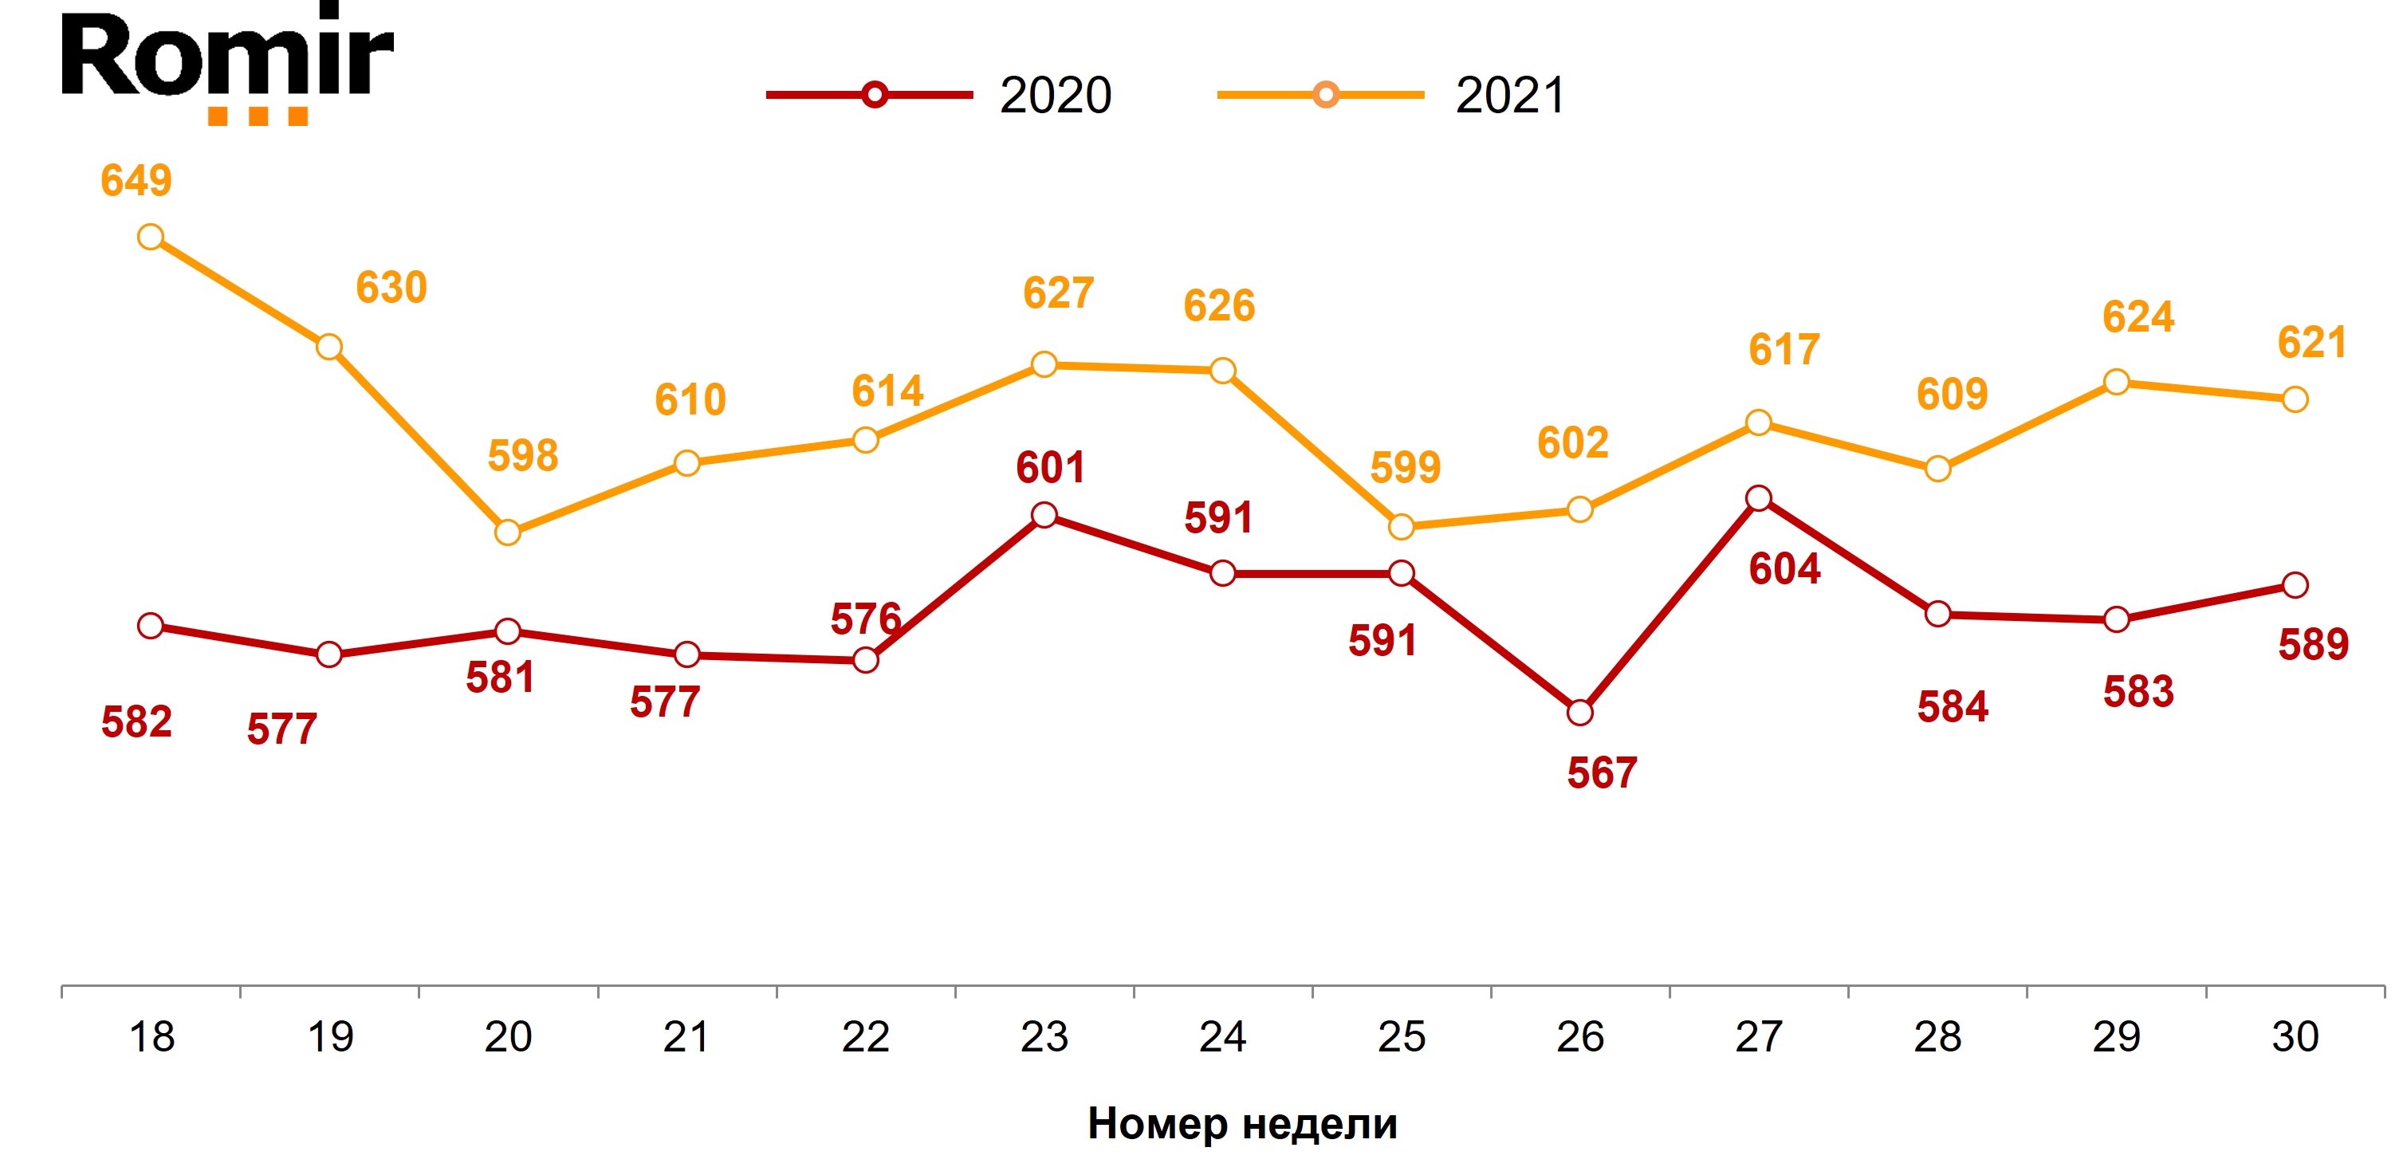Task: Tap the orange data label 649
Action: (x=136, y=181)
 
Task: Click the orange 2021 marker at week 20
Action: (x=507, y=532)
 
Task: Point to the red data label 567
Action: (x=1602, y=773)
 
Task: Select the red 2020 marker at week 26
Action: (x=1579, y=713)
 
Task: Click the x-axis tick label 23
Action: (x=1044, y=1037)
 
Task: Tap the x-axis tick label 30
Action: (x=2295, y=1037)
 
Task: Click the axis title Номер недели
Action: (x=1242, y=1124)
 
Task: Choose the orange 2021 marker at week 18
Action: (x=150, y=237)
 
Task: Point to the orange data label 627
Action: (x=1058, y=293)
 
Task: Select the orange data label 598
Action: (x=522, y=456)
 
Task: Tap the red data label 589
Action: (x=2314, y=644)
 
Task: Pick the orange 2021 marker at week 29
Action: (x=2117, y=383)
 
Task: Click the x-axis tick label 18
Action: (x=151, y=1037)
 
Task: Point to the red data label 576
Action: (x=866, y=619)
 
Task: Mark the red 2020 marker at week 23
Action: (x=1044, y=515)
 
